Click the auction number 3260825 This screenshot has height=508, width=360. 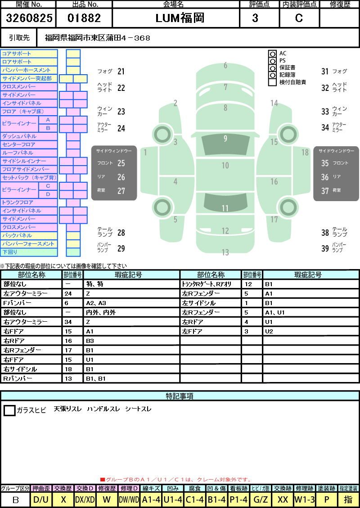[29, 18]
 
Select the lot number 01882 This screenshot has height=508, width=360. [84, 18]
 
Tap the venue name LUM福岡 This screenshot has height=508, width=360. [180, 18]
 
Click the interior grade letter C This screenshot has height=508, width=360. [299, 18]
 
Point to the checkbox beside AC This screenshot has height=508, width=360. [272, 54]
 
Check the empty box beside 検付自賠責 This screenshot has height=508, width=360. [272, 82]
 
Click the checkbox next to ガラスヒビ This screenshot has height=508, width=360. [9, 410]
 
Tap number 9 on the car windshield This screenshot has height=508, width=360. [225, 139]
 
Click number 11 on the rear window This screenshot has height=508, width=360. [225, 208]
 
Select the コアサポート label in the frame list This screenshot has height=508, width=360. [17, 54]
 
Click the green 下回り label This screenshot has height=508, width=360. [10, 252]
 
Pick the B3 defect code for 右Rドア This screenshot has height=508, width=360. [90, 341]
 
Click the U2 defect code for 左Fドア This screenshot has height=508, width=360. [269, 332]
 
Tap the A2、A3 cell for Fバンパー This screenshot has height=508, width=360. [96, 303]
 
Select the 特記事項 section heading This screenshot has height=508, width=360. [180, 396]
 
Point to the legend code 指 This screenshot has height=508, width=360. [348, 499]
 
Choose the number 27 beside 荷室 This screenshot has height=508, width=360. [121, 191]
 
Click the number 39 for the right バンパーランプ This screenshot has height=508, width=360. [325, 248]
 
